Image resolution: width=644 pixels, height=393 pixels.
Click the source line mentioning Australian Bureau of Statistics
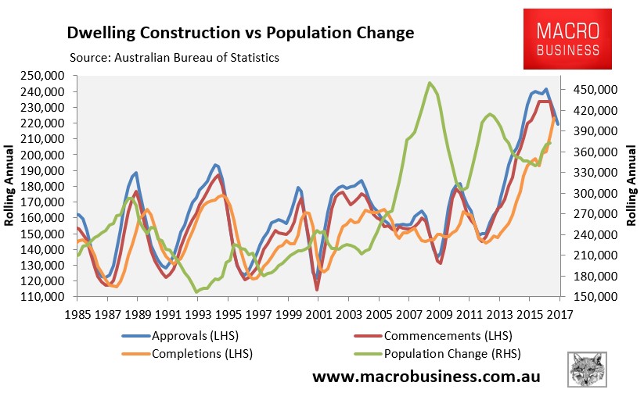pyautogui.click(x=174, y=58)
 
